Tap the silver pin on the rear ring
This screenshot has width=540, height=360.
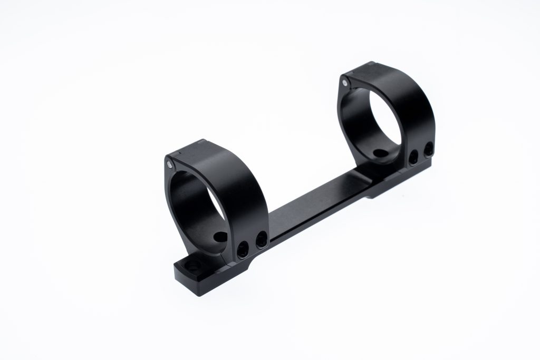point(344,83)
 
